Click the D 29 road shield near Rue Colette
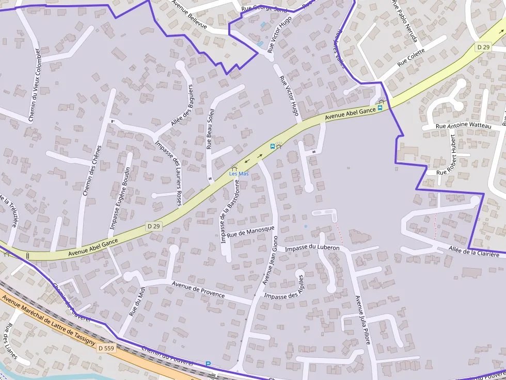(483, 47)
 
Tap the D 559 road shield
(105, 349)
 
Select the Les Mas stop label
(239, 174)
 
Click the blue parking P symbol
(208, 364)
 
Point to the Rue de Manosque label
(250, 232)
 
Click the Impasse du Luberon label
(312, 249)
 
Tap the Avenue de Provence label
(198, 289)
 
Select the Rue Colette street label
(411, 58)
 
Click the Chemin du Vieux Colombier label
(35, 85)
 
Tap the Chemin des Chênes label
(92, 170)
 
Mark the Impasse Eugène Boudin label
(120, 199)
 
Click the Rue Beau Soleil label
(210, 129)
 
